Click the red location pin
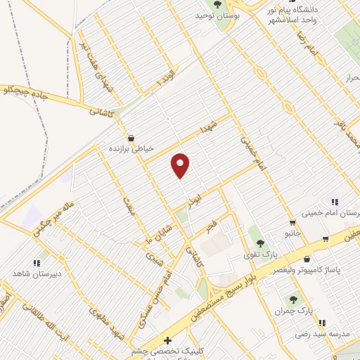tap(181, 165)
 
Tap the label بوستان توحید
tap(214, 15)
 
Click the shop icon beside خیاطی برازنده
tap(131, 139)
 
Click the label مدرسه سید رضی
tap(317, 334)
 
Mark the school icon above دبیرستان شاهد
tap(37, 262)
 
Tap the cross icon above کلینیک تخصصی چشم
tap(167, 341)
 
